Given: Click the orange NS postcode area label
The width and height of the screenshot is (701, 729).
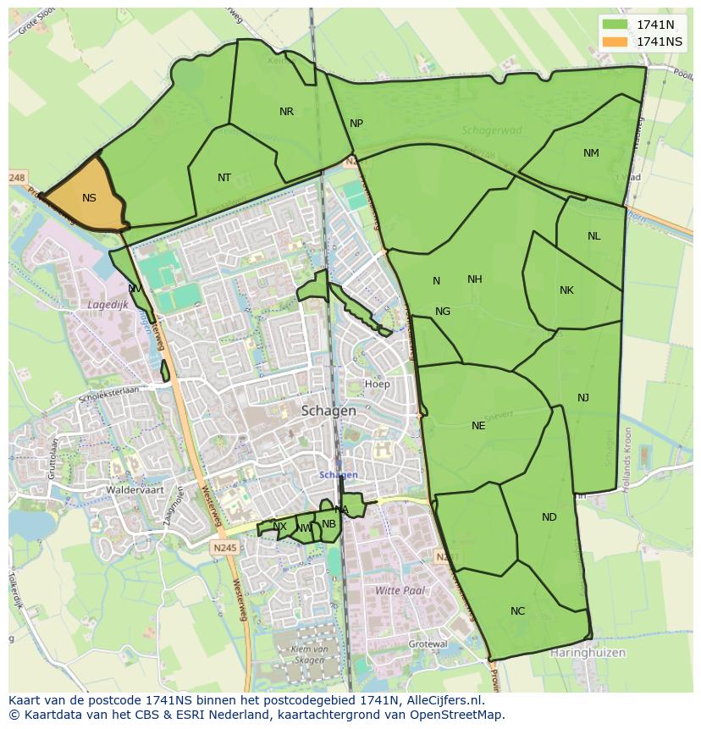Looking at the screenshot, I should [x=89, y=198].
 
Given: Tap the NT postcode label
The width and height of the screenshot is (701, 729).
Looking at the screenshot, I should [x=224, y=178].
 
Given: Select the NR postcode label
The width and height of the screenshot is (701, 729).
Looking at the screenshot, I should [x=286, y=112].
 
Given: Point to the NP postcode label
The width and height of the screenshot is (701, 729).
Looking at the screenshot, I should [x=356, y=124].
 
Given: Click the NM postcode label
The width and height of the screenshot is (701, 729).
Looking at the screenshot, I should [x=591, y=153].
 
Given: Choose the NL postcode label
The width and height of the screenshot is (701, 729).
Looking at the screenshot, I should [x=593, y=236].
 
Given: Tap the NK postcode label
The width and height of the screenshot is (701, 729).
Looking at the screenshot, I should [x=566, y=290].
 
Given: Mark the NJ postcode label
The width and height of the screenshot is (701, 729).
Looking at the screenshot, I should [x=583, y=398].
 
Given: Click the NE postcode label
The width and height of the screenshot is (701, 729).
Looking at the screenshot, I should [x=478, y=426].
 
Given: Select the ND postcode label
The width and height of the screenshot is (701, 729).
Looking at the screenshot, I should [x=549, y=517].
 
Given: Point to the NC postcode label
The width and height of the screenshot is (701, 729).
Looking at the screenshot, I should [x=517, y=611].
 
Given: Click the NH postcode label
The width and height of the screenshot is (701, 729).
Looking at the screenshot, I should [x=474, y=279].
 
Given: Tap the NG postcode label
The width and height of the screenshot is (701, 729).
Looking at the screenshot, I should [x=443, y=312].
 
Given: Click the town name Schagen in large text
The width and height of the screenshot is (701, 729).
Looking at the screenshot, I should [x=328, y=411].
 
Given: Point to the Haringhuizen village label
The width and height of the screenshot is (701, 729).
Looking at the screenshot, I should [x=588, y=653].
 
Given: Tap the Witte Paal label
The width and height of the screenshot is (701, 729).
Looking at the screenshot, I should [x=400, y=590].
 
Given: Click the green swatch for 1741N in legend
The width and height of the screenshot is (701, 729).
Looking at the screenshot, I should [x=615, y=25].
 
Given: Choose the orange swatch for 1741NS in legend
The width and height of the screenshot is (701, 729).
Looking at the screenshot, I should [x=615, y=41].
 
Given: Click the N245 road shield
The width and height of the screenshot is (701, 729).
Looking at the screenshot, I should [x=225, y=548].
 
